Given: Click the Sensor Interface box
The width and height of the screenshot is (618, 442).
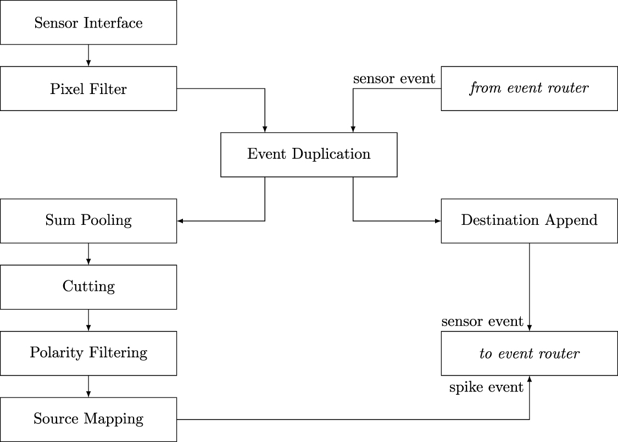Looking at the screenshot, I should coord(88,23).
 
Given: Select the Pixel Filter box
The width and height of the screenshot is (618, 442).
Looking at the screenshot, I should coord(88,89).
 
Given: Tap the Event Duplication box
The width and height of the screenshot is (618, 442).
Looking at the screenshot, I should coord(309,154).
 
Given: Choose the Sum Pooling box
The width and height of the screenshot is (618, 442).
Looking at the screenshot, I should coord(88,220).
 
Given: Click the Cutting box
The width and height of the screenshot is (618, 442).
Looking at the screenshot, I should coord(88,286).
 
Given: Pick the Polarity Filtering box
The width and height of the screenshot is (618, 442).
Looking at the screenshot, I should coord(88,352).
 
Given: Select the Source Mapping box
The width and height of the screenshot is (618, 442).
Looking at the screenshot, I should coord(88,419).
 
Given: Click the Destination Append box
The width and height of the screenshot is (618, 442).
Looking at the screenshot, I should coord(529,220).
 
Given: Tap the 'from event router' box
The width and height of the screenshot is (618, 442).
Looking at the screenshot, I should coord(529,89).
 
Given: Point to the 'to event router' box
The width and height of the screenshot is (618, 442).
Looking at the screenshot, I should coord(529,353).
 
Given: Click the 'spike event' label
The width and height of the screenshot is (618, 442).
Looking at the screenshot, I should coord(486,387).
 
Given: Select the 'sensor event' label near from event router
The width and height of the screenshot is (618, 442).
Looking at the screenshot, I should coord(394,79).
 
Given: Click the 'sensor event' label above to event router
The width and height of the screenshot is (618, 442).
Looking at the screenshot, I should coord(482,321).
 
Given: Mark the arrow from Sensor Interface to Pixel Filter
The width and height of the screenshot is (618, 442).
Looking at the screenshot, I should coord(88,56).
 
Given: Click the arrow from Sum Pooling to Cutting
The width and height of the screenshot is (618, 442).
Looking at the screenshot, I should coord(88,254).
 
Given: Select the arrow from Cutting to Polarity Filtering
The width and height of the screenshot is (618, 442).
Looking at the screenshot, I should coord(88,320).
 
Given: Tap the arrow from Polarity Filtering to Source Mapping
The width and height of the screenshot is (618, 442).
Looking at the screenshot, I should coord(88,386).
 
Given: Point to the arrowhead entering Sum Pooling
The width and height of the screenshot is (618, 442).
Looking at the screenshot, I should coord(180,221).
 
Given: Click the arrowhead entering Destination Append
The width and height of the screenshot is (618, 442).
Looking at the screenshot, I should coord(438,221).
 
